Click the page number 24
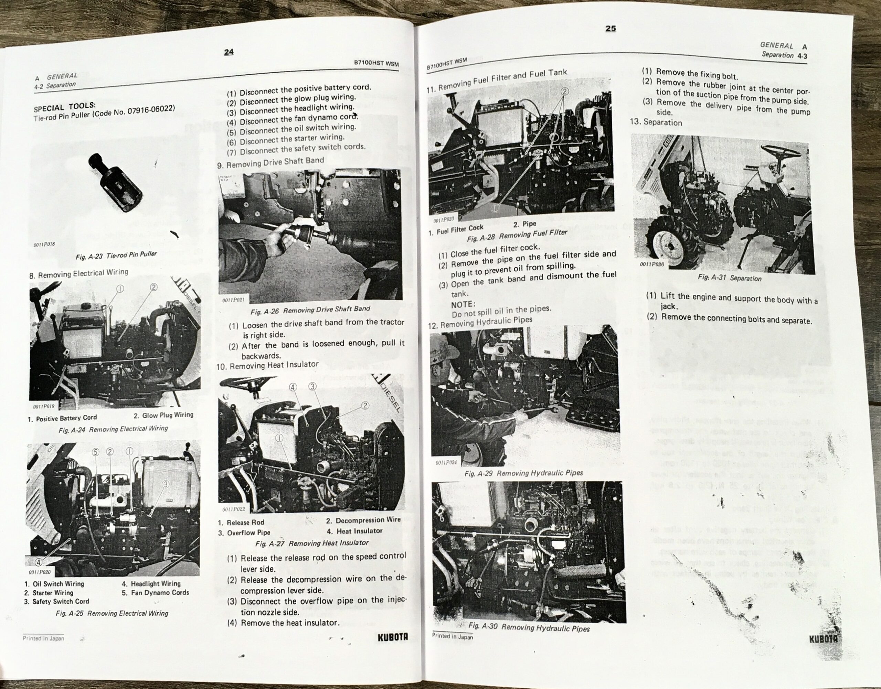[229, 52]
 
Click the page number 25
[611, 28]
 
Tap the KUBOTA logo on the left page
[393, 637]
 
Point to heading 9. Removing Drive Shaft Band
[270, 162]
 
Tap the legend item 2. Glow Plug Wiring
[163, 415]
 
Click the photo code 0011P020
[40, 572]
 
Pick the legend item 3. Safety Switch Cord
[56, 602]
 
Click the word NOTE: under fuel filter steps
[463, 304]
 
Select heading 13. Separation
[656, 122]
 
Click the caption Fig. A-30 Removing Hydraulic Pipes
[529, 627]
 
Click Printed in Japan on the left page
[43, 638]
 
